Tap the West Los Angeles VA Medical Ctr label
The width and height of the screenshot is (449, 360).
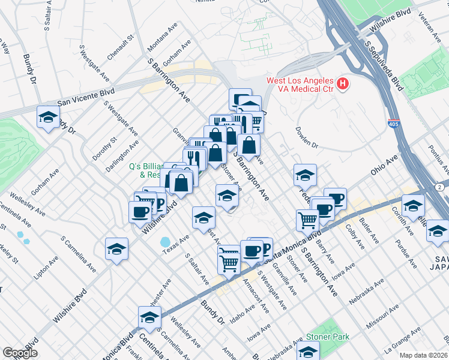click(300, 85)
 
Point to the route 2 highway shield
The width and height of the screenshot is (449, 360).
click(441, 188)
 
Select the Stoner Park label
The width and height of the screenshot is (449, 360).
click(328, 337)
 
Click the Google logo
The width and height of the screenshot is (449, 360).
click(20, 353)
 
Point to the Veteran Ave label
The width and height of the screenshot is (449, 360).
click(431, 27)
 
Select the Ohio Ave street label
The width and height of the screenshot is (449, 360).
click(384, 164)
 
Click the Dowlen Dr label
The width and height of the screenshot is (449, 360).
click(306, 137)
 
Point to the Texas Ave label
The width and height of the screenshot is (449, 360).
click(175, 247)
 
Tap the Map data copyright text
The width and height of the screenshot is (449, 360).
click(423, 355)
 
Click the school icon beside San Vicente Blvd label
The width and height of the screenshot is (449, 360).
click(48, 117)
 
